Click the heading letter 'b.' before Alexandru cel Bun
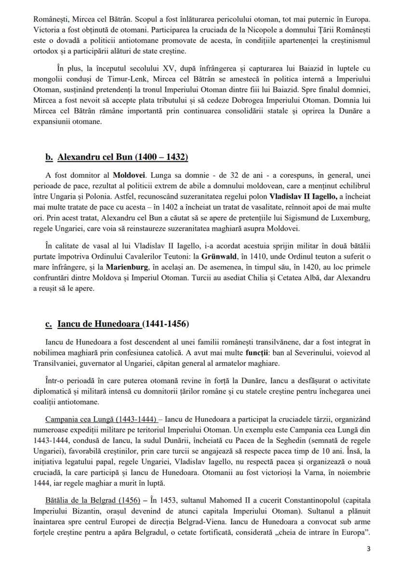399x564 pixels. [x=49, y=157]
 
